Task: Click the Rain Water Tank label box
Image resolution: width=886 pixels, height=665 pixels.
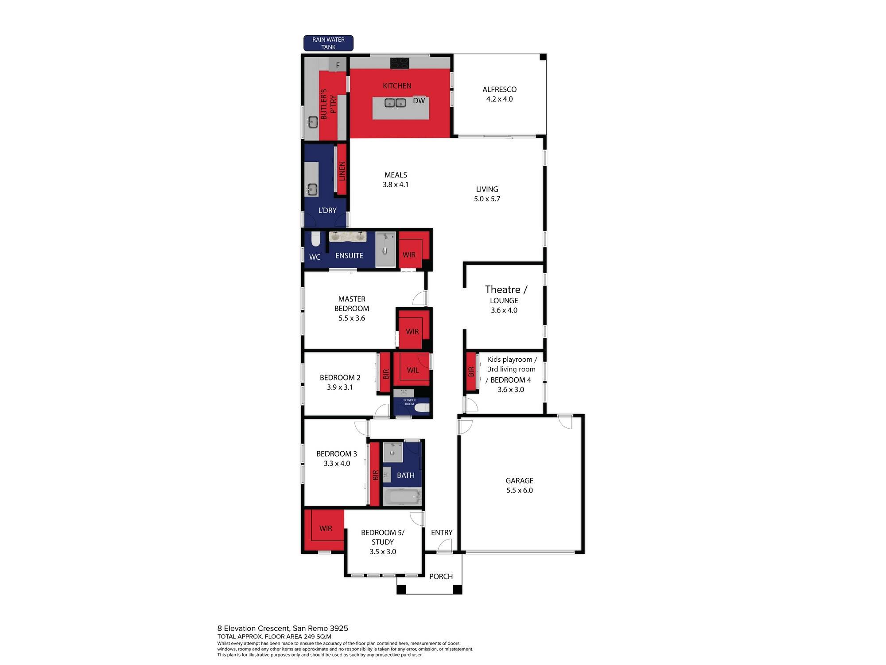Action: coord(328,43)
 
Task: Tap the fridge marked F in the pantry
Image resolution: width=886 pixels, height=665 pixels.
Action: coord(338,65)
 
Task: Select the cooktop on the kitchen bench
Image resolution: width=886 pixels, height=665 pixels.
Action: coord(400,63)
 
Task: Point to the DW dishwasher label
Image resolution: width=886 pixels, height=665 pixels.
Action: coord(419,101)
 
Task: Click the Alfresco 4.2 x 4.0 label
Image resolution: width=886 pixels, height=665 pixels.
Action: coord(499,94)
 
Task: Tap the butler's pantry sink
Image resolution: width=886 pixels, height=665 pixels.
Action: coord(313,121)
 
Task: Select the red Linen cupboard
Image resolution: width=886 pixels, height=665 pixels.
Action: coord(342,170)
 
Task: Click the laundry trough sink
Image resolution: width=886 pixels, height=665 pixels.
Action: coord(312,190)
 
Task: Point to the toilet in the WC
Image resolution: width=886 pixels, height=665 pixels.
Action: coord(315,240)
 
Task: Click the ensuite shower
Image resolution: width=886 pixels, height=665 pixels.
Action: coord(385,250)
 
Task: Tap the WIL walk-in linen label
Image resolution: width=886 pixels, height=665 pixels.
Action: coord(412,370)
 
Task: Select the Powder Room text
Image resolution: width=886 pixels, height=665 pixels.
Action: coord(409,402)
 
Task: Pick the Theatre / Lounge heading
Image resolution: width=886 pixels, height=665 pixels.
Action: coord(505,290)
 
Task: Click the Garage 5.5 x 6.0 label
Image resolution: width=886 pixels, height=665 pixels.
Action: coord(519,485)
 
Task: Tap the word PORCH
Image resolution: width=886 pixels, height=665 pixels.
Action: coord(441,576)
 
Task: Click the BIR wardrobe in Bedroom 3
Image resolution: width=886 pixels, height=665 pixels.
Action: coord(375,475)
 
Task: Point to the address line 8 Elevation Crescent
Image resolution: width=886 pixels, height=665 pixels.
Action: coord(283,628)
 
